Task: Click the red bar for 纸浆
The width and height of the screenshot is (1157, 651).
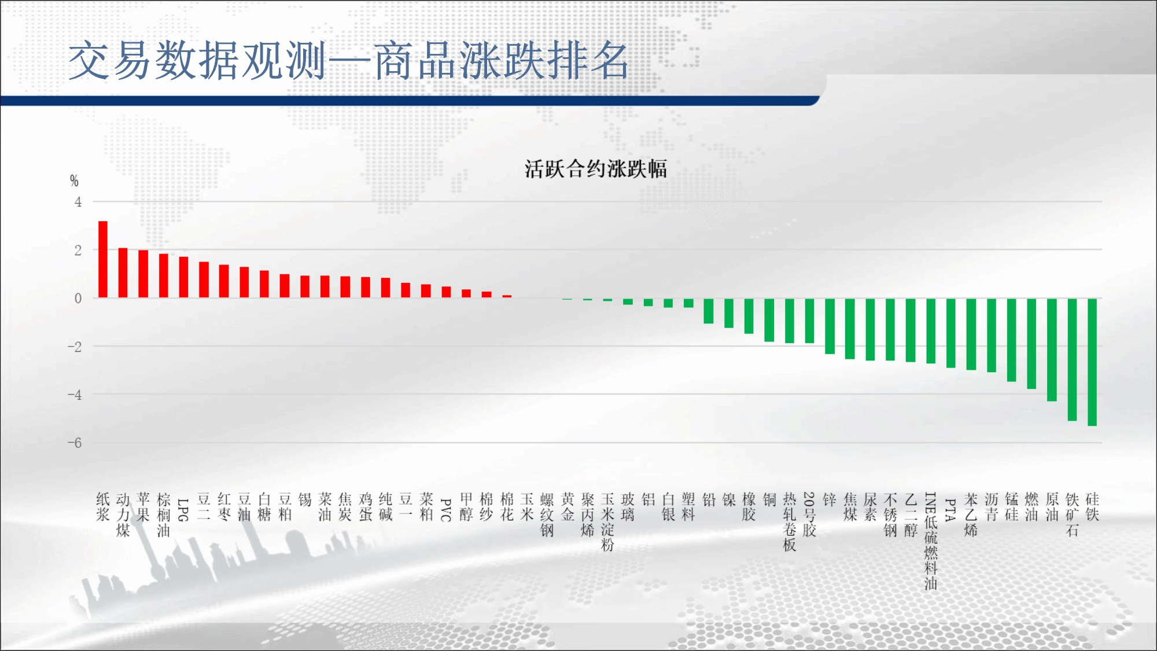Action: coord(103,259)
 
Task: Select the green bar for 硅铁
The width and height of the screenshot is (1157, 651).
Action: coord(1092,362)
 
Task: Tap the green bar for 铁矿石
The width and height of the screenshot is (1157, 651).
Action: coord(1072,359)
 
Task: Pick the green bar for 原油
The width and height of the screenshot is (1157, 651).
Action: coord(1052,350)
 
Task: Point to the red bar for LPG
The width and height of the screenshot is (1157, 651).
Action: coord(183,277)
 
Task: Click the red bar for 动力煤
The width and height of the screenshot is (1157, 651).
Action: coord(123,273)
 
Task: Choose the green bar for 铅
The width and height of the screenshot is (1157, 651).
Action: coord(709,311)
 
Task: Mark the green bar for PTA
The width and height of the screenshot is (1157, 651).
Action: coord(951,333)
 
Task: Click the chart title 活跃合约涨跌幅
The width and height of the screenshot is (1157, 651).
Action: coord(596,169)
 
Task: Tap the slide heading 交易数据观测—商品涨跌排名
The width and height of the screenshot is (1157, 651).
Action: coord(348,60)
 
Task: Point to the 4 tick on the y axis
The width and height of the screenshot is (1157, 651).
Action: coord(78,202)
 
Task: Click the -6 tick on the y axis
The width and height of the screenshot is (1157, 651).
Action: coord(75,443)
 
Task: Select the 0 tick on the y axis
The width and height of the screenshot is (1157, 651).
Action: coord(78,299)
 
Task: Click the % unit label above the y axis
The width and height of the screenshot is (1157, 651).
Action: coord(74,181)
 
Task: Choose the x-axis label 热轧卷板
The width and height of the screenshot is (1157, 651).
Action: coord(789,522)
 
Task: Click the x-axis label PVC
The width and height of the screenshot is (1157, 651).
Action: coord(446,510)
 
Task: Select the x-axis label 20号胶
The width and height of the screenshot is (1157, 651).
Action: coord(809,514)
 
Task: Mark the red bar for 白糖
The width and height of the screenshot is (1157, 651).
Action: coord(264,284)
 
